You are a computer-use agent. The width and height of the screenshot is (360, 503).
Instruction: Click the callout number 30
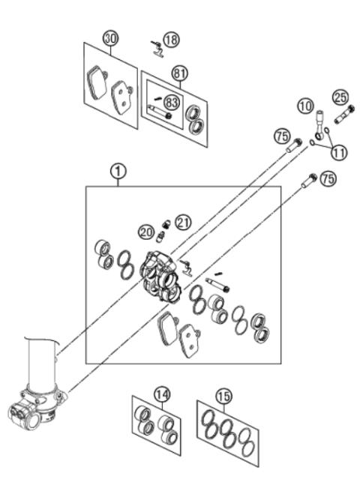pos(111,37)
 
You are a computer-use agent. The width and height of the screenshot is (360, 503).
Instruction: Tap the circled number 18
pos(172,39)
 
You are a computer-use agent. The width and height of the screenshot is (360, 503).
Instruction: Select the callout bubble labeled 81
pos(179,73)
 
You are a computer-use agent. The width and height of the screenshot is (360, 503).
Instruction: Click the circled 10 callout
pos(304,107)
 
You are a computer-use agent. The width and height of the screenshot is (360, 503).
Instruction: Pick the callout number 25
pos(340,97)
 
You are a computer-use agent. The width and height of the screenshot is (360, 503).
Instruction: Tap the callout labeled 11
pos(340,151)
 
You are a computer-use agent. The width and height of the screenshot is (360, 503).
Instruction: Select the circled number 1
pos(118,172)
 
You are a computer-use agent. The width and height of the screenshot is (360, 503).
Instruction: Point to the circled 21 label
pos(184,222)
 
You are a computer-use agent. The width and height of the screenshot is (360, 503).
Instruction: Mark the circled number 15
pos(223,394)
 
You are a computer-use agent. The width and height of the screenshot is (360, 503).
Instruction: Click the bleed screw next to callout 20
pos(160,238)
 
